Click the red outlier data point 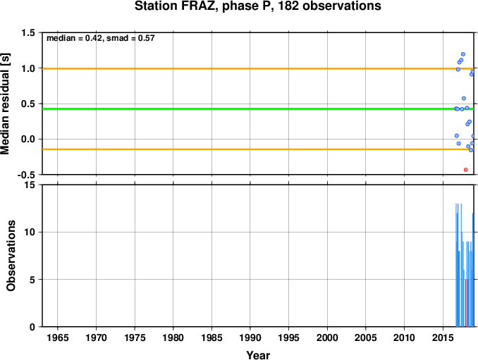465,170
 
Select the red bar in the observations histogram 465,303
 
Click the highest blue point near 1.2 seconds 462,54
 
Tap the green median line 258,109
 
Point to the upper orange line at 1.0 258,68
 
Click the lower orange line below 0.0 258,149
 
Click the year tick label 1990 250,337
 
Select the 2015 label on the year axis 443,337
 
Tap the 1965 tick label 58,337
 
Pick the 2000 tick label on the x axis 327,337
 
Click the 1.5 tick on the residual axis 28,32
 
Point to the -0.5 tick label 26,175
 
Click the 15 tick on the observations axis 30,185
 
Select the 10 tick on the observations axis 30,232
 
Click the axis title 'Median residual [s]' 6,104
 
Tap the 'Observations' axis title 11,256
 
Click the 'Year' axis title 258,355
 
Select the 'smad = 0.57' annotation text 130,38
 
